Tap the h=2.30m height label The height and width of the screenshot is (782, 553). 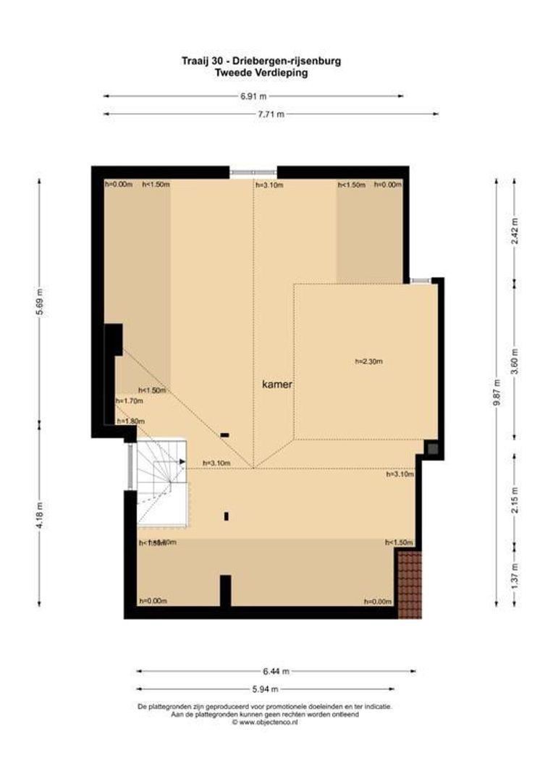(x=368, y=361)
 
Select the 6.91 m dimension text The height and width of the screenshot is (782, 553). (x=253, y=96)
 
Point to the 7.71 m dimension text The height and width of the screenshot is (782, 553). (x=270, y=114)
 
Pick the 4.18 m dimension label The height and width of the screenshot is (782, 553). (x=40, y=515)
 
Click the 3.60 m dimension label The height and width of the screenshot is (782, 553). (x=515, y=361)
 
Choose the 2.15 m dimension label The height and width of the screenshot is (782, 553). (x=515, y=500)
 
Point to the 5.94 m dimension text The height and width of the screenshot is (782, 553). (x=265, y=689)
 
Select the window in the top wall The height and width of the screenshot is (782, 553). (x=253, y=172)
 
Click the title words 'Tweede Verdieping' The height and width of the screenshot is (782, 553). (x=261, y=72)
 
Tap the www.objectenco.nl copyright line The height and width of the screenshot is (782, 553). (x=264, y=721)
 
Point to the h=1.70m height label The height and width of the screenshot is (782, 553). (x=130, y=400)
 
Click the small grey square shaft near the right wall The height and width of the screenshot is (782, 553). (x=432, y=449)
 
